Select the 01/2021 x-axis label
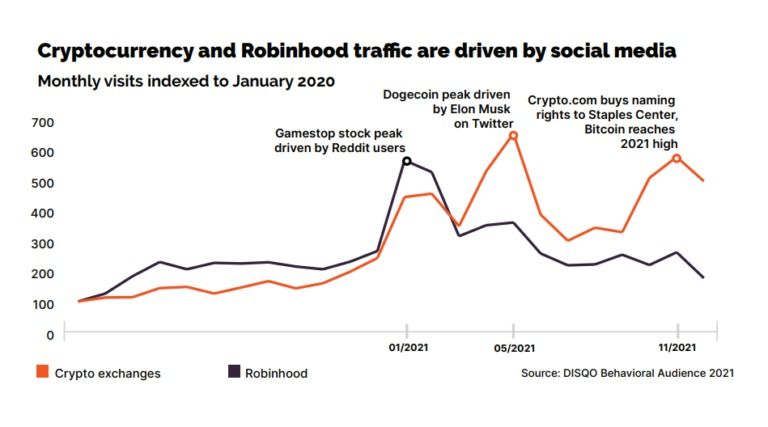(x=406, y=348)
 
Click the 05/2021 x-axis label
(x=513, y=348)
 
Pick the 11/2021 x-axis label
(x=678, y=348)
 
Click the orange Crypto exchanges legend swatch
(x=42, y=372)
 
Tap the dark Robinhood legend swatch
(x=235, y=372)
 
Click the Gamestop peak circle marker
(x=407, y=161)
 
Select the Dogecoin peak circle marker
(x=513, y=135)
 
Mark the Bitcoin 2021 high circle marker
(x=677, y=158)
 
